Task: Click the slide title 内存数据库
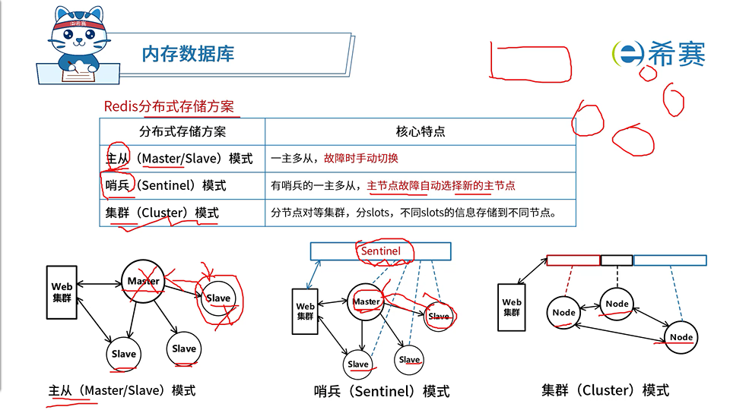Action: [188, 53]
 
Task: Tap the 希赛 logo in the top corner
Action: [659, 53]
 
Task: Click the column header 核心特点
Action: [420, 131]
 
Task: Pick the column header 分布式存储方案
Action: [182, 131]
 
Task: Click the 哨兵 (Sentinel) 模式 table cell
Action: [166, 185]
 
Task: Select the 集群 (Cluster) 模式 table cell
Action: [162, 213]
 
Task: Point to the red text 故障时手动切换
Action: [361, 159]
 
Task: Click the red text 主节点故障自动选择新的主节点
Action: [441, 185]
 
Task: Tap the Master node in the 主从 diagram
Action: [144, 282]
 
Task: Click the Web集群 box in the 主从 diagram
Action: [62, 292]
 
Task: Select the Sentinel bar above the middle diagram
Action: [380, 251]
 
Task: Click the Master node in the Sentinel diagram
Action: [367, 302]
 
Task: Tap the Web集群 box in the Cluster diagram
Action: [512, 307]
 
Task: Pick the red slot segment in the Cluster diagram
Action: [573, 260]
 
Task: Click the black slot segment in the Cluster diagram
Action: [616, 260]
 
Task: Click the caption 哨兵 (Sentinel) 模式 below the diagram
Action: [382, 392]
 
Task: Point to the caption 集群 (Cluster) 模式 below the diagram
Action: [605, 390]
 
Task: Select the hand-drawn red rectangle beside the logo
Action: [531, 62]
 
